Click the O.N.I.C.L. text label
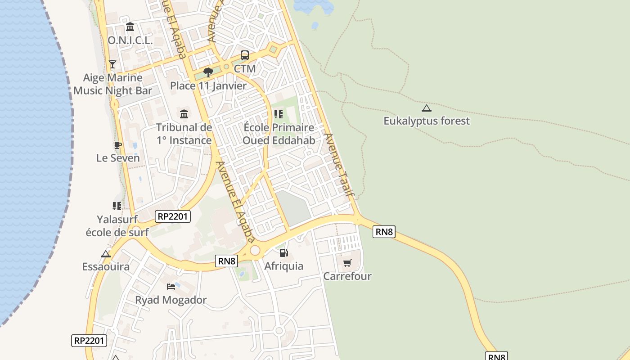[130, 40]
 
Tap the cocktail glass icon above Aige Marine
[112, 64]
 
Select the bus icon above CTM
[245, 55]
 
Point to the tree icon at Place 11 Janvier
[208, 72]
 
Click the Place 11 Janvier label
[208, 86]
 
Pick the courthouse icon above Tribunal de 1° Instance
[184, 113]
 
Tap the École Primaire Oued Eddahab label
[279, 134]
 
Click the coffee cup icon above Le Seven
[117, 145]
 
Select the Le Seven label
[118, 158]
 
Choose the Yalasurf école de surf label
[117, 226]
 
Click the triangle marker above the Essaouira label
[106, 254]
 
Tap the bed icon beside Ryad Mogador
[171, 286]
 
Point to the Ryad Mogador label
[171, 300]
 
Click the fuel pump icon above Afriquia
[283, 253]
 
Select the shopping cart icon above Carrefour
[347, 263]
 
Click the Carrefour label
[347, 276]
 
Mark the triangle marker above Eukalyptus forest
[426, 108]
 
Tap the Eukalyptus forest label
[426, 121]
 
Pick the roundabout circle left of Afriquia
[255, 250]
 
